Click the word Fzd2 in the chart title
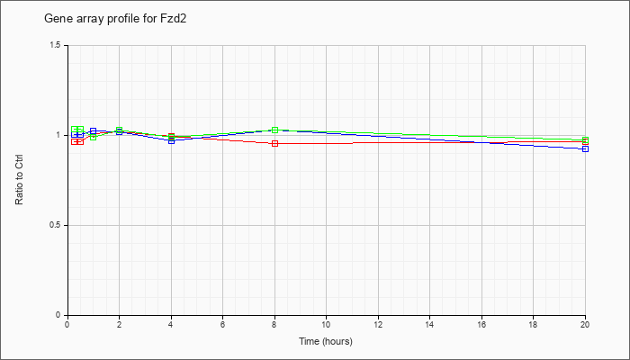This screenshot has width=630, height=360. pos(175,19)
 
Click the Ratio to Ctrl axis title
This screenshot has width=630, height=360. pos(19,180)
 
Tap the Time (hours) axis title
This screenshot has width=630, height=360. pos(326,341)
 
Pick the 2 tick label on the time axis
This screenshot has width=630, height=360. pos(120,324)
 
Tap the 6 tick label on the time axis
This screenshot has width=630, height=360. pos(222,324)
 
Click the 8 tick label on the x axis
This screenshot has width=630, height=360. pos(274,324)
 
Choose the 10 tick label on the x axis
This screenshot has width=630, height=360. pos(326,324)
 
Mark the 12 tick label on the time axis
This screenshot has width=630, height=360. pos(378,324)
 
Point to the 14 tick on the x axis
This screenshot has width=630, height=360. pos(430,324)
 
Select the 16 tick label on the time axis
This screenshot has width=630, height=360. pos(481,324)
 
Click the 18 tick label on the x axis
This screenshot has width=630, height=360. pos(533,324)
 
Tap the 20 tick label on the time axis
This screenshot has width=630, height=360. pos(585,324)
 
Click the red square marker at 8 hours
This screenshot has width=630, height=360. pos(274,143)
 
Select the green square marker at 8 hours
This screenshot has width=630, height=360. pos(274,130)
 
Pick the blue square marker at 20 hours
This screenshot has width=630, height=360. pos(585,149)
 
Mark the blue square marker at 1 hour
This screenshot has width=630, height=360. pos(94,131)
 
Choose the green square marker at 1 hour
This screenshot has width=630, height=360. pos(94,137)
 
